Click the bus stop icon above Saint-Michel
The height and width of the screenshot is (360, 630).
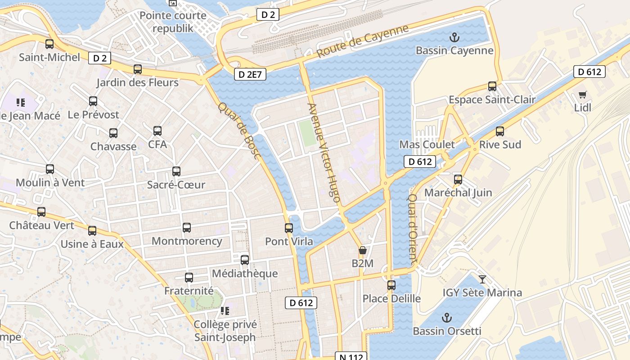tap(49, 44)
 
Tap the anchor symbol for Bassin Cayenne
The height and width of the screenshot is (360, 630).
tap(454, 37)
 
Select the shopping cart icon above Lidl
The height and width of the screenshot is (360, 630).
tap(582, 94)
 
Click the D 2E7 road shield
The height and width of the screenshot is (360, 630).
tap(250, 75)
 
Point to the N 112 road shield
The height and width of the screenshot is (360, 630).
tap(351, 356)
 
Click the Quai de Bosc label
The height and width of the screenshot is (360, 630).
tap(239, 131)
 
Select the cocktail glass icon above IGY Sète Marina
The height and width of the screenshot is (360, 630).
tap(482, 279)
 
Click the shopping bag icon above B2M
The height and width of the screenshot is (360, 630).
tap(362, 250)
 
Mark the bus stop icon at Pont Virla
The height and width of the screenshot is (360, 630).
tap(289, 228)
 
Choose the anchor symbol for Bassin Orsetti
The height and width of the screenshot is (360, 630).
tap(446, 318)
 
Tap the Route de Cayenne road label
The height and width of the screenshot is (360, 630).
tap(362, 40)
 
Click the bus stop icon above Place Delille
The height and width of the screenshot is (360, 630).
tap(391, 285)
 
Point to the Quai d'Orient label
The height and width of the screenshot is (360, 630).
tap(413, 229)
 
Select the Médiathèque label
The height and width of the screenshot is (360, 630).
tap(245, 273)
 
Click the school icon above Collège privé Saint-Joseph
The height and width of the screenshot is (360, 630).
tap(225, 311)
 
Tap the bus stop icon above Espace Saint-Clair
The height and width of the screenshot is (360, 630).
tap(492, 86)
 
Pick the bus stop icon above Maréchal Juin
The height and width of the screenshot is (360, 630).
tap(458, 180)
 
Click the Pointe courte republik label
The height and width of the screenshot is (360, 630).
tap(173, 22)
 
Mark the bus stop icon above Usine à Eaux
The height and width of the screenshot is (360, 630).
tap(92, 231)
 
